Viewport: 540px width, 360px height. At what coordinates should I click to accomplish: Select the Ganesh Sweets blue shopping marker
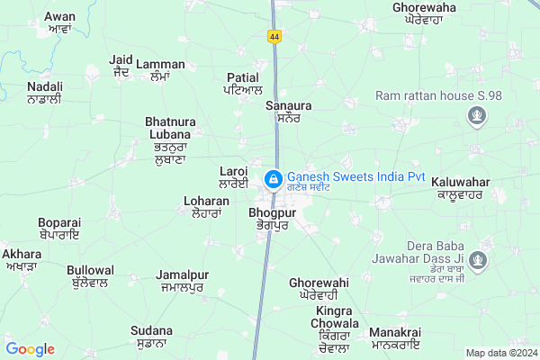click(x=272, y=179)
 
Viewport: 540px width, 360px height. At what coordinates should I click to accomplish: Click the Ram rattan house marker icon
click(x=477, y=115)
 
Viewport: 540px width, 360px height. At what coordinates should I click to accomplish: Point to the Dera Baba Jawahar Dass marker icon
click(x=479, y=262)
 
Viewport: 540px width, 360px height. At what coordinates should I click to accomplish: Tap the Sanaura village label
click(x=288, y=111)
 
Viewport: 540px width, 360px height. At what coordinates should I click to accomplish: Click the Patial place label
click(x=243, y=84)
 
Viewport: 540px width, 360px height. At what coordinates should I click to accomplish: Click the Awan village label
click(x=59, y=22)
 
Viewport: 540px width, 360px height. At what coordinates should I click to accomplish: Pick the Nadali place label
click(x=44, y=92)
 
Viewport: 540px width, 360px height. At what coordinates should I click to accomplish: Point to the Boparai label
click(x=59, y=229)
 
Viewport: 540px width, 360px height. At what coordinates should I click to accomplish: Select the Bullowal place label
click(x=90, y=276)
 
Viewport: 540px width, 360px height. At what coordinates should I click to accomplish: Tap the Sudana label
click(x=151, y=336)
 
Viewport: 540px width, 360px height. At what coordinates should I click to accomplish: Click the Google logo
click(x=30, y=349)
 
